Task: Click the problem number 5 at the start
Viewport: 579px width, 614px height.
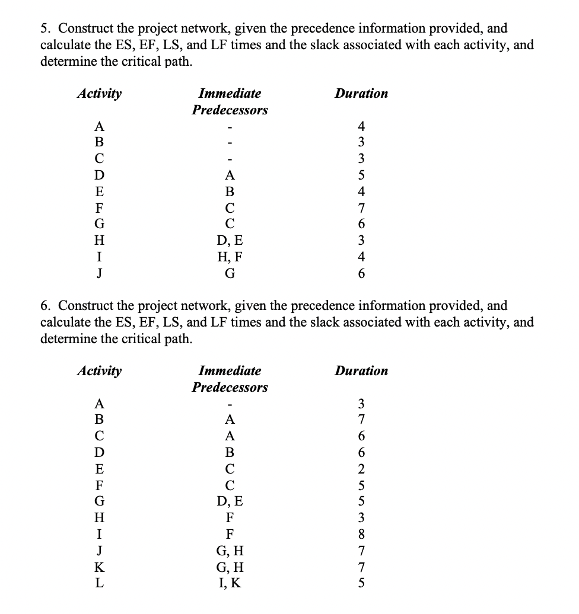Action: click(x=44, y=28)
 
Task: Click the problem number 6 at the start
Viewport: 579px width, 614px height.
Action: click(x=44, y=306)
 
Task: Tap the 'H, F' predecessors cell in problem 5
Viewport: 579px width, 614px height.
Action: click(x=230, y=257)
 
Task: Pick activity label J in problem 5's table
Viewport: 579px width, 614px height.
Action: click(x=100, y=274)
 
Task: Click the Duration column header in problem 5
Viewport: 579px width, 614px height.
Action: click(x=361, y=94)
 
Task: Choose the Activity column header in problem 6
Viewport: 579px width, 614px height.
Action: click(x=100, y=371)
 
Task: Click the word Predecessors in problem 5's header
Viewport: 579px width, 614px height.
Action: click(x=230, y=110)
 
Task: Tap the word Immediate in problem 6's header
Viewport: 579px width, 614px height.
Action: click(x=230, y=371)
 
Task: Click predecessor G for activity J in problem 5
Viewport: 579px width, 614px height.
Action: click(x=230, y=274)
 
